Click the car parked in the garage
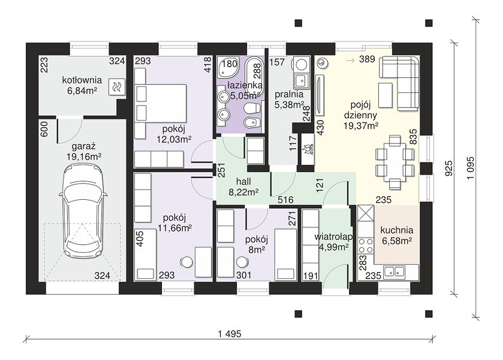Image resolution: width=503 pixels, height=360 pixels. coord(83,211)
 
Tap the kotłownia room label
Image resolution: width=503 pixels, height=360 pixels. coord(82,80)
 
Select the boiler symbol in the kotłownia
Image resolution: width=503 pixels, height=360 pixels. coord(116,87)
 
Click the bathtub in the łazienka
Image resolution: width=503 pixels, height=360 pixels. coord(254,75)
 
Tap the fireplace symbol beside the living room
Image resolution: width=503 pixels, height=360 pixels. coord(306,149)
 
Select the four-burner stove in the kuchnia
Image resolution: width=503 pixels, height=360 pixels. coord(366,245)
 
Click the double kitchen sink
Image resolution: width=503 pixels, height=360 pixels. coord(394,271)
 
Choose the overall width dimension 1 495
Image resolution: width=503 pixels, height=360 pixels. coord(230,334)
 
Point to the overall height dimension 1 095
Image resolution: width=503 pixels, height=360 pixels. coord(471,168)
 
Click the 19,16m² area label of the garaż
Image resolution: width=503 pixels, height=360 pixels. coord(84,157)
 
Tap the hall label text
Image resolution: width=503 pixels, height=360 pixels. coord(243,182)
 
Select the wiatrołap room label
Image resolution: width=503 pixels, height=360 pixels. coord(333,237)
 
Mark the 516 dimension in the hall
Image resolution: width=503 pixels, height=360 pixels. coord(285,200)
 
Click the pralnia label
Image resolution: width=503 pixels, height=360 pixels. coord(289,94)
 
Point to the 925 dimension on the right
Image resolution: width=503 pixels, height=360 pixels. coord(449,168)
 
